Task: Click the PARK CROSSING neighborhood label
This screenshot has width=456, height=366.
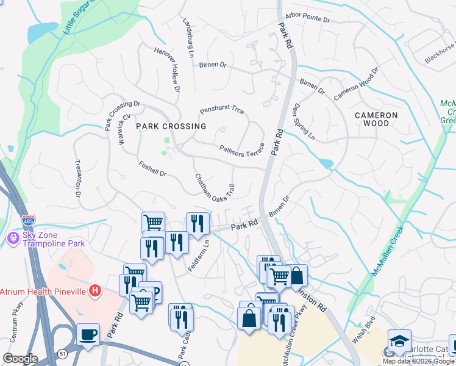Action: (x=171, y=126)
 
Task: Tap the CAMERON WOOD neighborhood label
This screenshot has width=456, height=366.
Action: (x=377, y=119)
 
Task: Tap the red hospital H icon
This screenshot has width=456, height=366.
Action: (x=94, y=291)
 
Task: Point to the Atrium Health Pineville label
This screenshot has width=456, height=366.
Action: (x=43, y=291)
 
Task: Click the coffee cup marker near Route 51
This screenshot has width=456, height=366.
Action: (x=88, y=334)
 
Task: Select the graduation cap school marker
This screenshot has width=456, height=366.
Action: (x=399, y=340)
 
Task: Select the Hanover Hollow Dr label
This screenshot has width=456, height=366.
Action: (x=168, y=70)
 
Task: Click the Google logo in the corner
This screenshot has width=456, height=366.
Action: (x=21, y=359)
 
